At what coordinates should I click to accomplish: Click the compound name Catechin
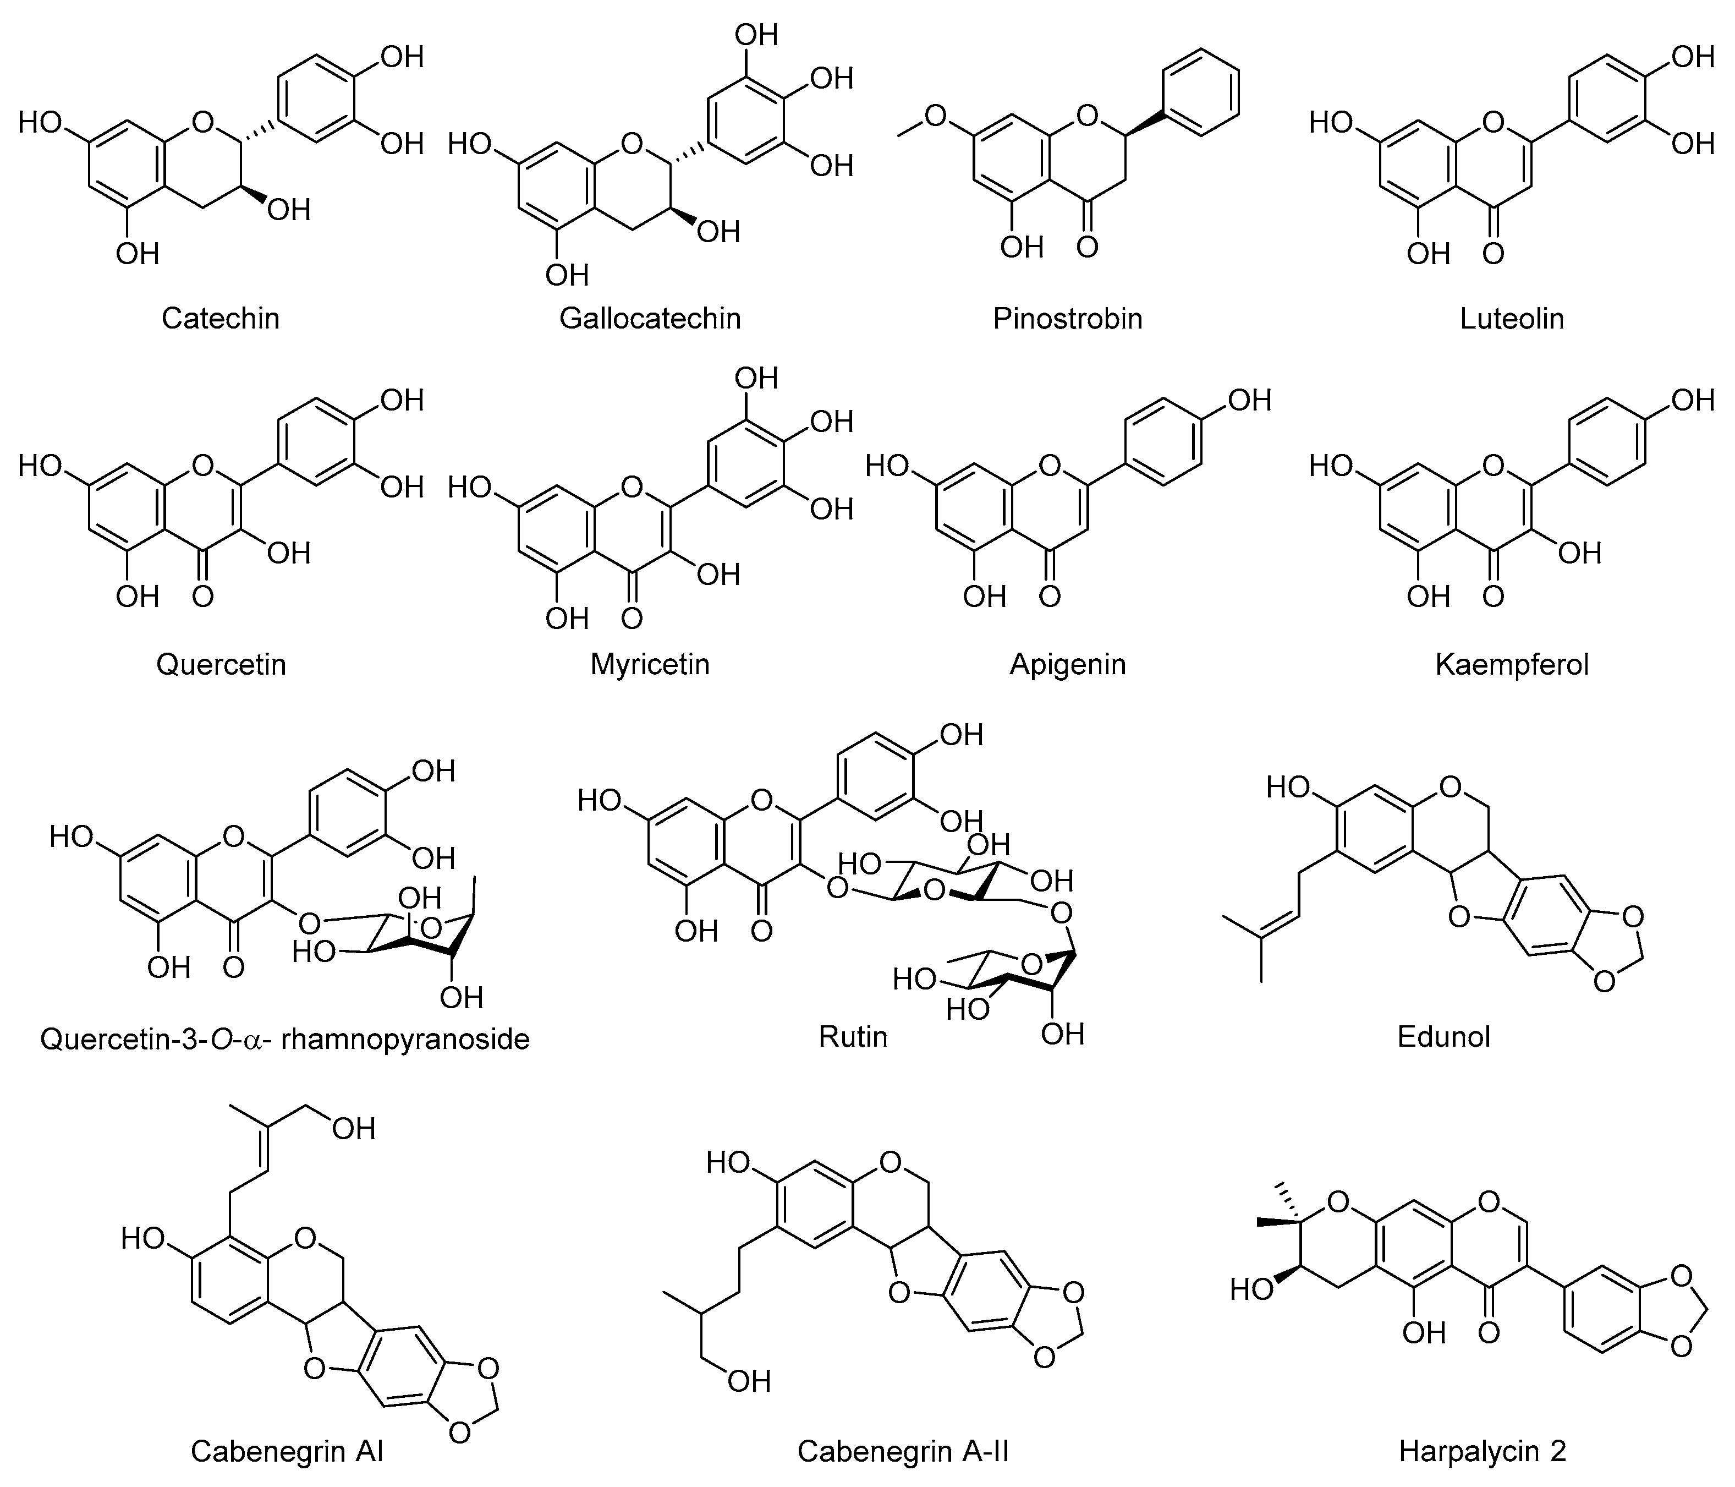[x=220, y=318]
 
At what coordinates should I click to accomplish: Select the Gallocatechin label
[x=650, y=318]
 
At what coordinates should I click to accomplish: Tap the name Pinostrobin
[x=1068, y=318]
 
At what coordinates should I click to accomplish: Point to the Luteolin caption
[x=1512, y=318]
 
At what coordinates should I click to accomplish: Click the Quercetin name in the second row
[x=221, y=664]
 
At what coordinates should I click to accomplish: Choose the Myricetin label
[x=650, y=664]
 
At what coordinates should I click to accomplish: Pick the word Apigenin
[x=1068, y=664]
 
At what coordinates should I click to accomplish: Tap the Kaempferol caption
[x=1512, y=664]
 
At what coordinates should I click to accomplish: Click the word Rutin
[x=853, y=1037]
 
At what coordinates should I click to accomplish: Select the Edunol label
[x=1443, y=1037]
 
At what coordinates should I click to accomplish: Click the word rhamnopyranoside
[x=405, y=1040]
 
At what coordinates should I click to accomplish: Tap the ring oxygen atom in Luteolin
[x=1492, y=122]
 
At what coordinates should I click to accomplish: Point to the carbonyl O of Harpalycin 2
[x=1489, y=1332]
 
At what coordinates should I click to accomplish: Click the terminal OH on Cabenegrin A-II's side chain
[x=748, y=1381]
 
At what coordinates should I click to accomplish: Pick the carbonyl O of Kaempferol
[x=1493, y=597]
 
